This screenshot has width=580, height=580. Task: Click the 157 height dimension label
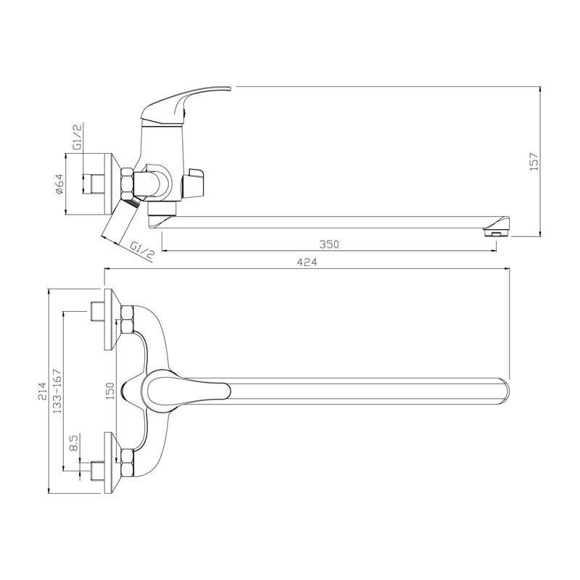coord(534,161)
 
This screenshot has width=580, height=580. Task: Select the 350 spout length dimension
coord(329,244)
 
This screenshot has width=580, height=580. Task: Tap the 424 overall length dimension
coord(307,262)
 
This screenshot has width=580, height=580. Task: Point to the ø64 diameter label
coord(59,184)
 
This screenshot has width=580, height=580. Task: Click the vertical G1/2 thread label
coord(78,136)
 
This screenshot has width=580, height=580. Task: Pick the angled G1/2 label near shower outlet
coord(143,250)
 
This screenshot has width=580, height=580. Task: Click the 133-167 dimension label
coord(57,391)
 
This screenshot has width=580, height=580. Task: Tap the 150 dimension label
coord(110,391)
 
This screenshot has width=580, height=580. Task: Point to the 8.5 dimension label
coord(74,443)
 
